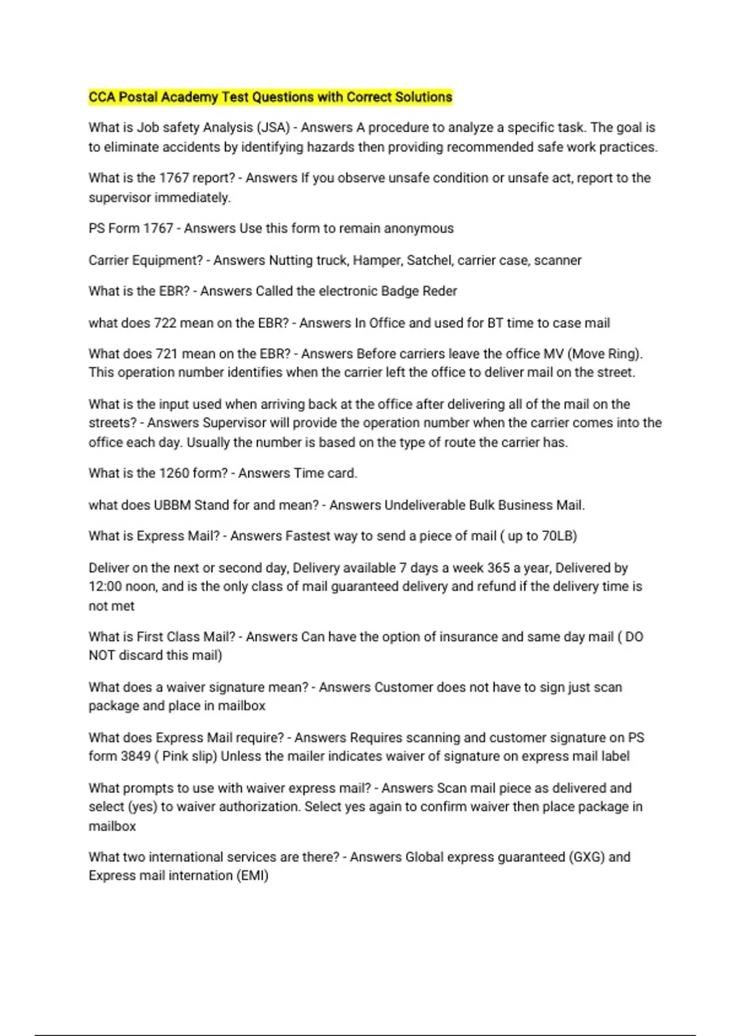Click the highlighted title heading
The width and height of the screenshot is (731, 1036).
270,97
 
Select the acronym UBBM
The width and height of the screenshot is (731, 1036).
172,505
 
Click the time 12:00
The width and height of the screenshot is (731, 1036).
105,586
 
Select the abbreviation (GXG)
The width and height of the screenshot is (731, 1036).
587,857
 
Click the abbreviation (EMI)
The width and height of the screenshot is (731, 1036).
252,876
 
